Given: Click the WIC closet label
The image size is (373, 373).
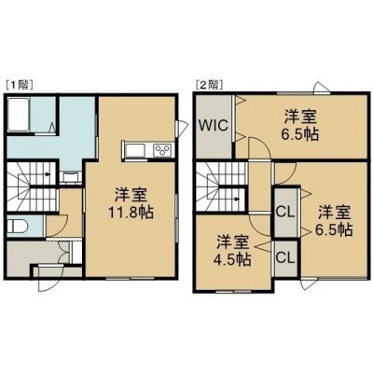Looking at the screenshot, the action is click(x=214, y=126).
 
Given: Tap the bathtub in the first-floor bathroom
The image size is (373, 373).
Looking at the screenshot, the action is click(x=19, y=115).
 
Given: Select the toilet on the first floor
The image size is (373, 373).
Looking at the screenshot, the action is click(x=14, y=226).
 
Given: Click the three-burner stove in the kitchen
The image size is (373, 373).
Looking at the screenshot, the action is click(x=162, y=150).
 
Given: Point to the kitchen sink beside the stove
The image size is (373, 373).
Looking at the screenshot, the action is click(x=136, y=151).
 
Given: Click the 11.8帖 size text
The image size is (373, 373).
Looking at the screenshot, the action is click(x=131, y=213).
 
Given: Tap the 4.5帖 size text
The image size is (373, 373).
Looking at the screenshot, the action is click(x=231, y=259).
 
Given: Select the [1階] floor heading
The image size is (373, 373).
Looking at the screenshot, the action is click(x=19, y=85).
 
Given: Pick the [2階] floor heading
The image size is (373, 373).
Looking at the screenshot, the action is click(x=209, y=85).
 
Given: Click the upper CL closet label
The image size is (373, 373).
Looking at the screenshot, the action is click(x=285, y=213).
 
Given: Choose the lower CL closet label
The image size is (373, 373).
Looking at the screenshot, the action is click(x=285, y=258).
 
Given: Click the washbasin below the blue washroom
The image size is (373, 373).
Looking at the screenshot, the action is click(x=71, y=177).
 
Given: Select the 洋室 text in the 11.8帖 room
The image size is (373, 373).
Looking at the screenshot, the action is click(x=131, y=195).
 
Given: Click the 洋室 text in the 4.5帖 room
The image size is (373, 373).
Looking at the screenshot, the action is click(x=232, y=242).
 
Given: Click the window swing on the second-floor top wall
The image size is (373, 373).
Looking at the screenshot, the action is click(x=322, y=88).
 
